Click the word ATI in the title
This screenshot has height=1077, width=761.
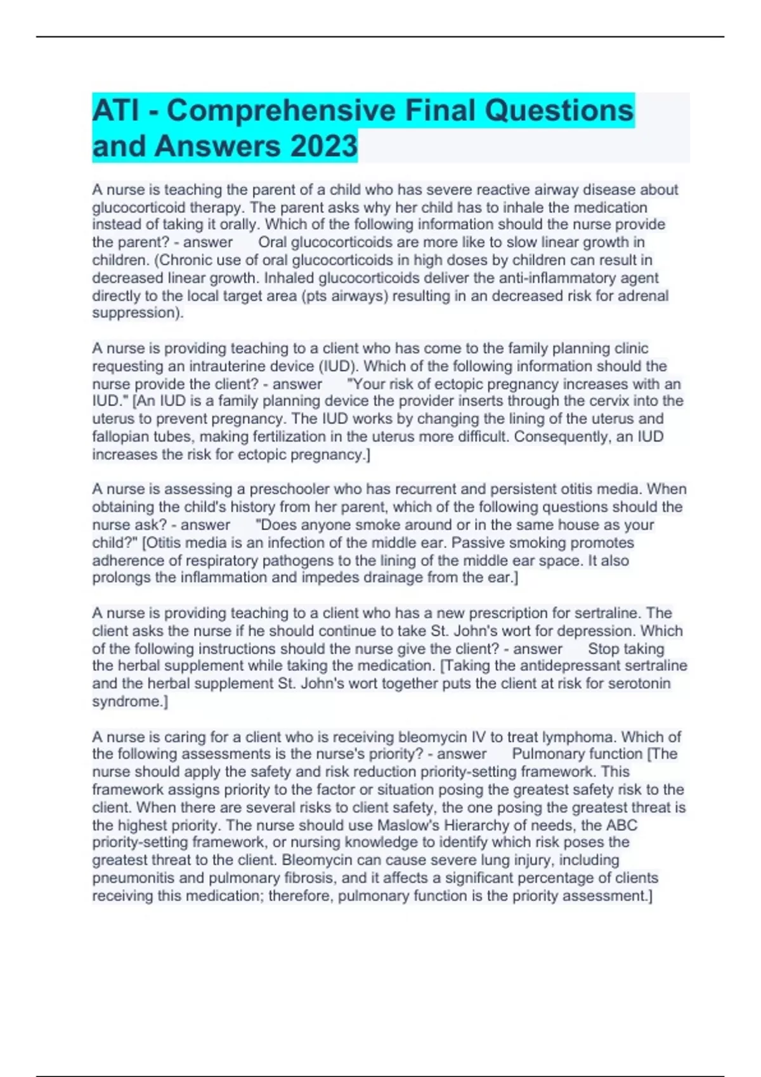point(116,110)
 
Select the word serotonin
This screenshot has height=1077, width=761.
point(639,684)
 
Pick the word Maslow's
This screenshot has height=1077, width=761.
point(412,825)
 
